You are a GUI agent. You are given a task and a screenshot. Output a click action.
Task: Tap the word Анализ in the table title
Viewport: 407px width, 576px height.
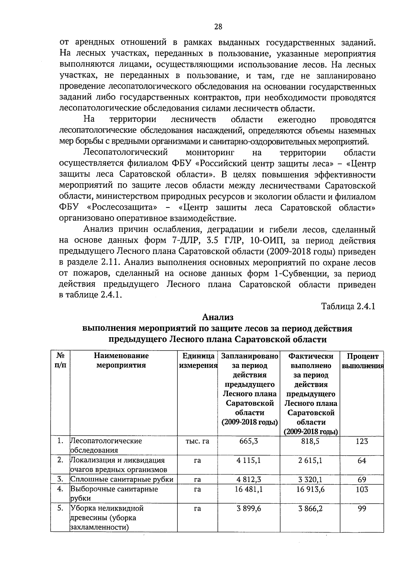tap(218, 317)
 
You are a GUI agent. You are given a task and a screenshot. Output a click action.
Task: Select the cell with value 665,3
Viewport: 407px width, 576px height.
tap(249, 441)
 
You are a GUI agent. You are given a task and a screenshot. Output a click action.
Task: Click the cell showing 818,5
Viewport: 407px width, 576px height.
tap(310, 441)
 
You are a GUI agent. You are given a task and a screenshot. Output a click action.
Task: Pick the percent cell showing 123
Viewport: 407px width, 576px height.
tap(362, 441)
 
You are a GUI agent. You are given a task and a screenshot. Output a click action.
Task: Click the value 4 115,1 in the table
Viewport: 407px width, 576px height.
tap(249, 460)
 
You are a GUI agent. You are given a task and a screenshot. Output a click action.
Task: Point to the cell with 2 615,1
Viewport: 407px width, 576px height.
tap(310, 460)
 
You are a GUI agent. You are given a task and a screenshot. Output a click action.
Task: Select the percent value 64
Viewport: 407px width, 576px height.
tap(362, 461)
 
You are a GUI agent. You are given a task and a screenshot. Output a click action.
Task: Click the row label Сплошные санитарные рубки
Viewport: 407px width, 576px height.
tap(122, 479)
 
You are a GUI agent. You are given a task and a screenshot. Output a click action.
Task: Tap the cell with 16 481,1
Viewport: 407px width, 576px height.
tap(249, 489)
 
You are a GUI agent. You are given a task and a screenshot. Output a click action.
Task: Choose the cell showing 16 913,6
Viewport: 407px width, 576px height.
tap(310, 489)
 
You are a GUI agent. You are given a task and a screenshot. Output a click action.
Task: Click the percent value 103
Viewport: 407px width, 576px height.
tap(362, 489)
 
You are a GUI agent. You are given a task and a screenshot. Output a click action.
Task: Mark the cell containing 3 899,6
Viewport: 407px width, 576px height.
tap(249, 508)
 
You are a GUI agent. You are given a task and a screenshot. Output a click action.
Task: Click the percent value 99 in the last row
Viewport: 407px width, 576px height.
tap(362, 509)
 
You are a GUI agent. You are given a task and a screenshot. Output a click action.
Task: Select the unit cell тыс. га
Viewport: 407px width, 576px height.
tap(197, 441)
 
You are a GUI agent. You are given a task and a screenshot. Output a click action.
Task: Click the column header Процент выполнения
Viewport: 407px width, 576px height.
tap(362, 361)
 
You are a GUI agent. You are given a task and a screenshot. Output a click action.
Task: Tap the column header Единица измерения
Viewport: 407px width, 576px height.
tap(198, 361)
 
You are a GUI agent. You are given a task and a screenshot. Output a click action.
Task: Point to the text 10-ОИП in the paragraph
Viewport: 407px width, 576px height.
tap(264, 241)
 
